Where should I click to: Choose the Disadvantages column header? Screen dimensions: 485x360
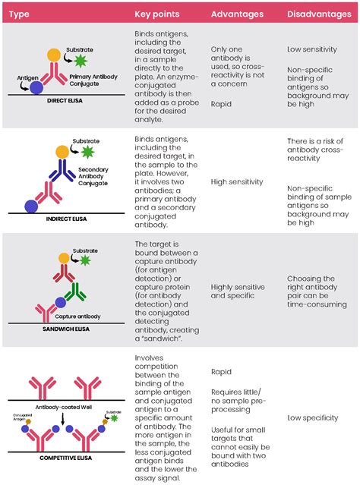318,14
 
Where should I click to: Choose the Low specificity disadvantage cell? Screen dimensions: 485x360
317,417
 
